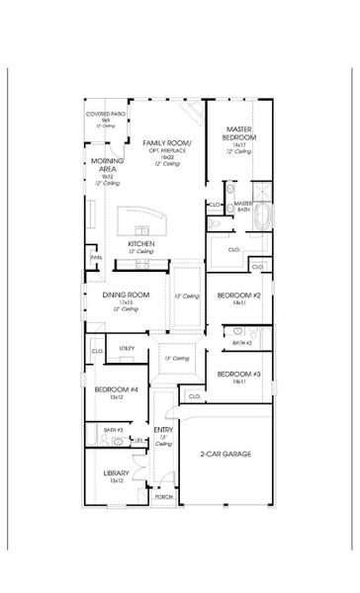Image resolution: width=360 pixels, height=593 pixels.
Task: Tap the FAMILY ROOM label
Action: (166, 144)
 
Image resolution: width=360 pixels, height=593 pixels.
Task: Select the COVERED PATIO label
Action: (105, 115)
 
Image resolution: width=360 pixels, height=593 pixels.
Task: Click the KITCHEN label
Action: (139, 243)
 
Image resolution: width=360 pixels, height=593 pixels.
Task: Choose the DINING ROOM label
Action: (126, 295)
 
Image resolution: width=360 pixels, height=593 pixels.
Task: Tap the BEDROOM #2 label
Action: (238, 296)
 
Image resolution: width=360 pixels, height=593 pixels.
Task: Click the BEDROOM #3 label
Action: (238, 374)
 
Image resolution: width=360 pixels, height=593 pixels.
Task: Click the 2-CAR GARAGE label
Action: (225, 454)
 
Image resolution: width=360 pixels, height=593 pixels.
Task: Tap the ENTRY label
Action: (163, 430)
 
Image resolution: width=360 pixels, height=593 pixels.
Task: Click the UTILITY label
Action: (127, 348)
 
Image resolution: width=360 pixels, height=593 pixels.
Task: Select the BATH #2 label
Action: (242, 342)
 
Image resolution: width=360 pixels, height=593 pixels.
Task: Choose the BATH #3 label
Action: (113, 429)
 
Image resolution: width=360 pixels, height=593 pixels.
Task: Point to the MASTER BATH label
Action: (243, 206)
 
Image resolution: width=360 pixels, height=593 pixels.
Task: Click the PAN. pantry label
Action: (96, 257)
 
